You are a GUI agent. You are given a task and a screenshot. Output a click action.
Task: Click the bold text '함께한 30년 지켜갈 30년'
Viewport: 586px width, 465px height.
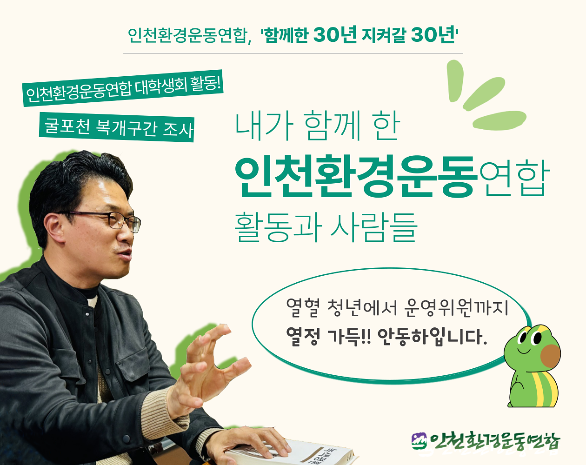(359, 35)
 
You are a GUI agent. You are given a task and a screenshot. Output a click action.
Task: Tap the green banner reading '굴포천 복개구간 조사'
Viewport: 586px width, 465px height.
(117, 127)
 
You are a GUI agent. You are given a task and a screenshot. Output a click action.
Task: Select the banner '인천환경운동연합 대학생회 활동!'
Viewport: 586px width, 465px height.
(123, 88)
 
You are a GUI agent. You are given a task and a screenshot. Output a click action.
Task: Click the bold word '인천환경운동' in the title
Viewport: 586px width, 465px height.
(356, 177)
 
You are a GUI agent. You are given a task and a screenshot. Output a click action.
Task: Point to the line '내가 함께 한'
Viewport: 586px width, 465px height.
(317, 126)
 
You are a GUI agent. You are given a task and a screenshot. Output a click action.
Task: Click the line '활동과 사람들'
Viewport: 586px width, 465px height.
(326, 227)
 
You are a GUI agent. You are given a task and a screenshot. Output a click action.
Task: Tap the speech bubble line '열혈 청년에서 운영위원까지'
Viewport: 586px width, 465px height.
(397, 308)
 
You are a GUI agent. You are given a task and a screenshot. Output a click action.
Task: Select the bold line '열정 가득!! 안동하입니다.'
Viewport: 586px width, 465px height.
(386, 337)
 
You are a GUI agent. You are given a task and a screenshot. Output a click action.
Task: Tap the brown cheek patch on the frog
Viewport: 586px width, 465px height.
(550, 356)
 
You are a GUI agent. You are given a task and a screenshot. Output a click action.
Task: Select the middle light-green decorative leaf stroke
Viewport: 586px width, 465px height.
(484, 93)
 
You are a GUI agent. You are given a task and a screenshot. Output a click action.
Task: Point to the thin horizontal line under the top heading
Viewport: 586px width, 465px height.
(293, 53)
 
